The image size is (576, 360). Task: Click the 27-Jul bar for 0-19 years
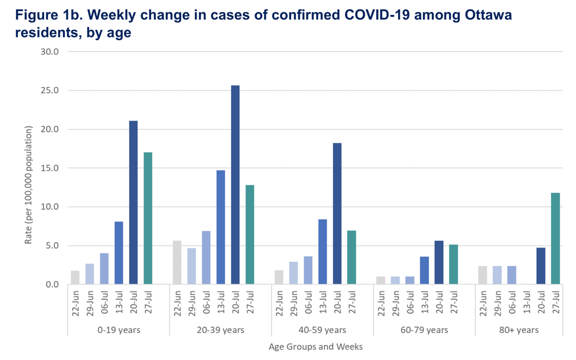coord(148,218)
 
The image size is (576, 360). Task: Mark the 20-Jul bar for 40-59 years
coord(337,214)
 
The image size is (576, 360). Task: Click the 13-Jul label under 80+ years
coord(527,304)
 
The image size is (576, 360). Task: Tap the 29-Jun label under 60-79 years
coord(396,304)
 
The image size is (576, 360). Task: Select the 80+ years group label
coord(519,330)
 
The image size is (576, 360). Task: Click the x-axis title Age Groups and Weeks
coord(315,347)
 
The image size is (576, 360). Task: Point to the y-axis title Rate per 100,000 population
coord(28,185)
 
